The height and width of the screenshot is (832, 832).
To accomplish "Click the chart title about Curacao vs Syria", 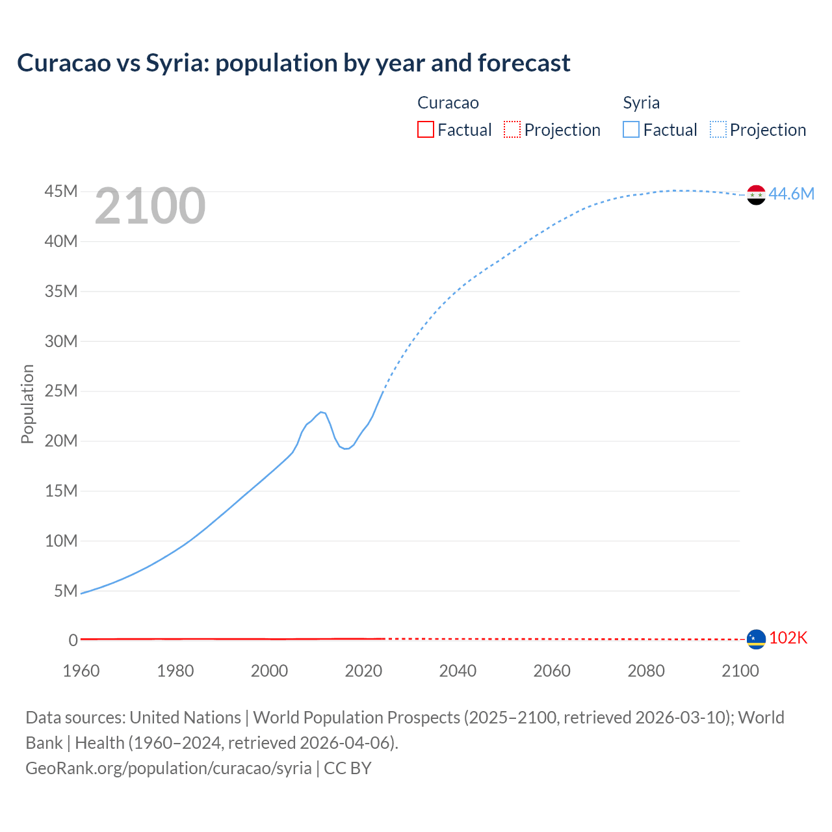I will coord(294,63).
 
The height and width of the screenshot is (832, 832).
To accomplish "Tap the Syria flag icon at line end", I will coord(756,194).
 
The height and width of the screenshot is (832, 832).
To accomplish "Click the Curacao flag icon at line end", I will coord(756,639).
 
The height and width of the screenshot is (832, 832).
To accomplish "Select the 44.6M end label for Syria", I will coord(791,194).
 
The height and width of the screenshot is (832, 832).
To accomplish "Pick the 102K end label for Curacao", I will coord(788,638).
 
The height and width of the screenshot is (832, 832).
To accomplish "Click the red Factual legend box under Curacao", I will coord(426,130).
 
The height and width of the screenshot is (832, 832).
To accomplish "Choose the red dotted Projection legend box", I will coord(512,130).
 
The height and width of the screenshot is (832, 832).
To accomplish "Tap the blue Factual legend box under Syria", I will coord(631,130).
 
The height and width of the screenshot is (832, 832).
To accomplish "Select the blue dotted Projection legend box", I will coord(718,130).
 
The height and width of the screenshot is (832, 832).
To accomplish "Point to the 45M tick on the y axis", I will coord(61,192).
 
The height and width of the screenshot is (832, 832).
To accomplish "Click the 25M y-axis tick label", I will coord(61,391).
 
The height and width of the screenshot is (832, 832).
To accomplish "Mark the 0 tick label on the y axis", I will coord(73,641).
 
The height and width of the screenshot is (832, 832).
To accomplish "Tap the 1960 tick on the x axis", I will coord(81,671).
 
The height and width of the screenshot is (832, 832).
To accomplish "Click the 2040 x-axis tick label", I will coord(458,671).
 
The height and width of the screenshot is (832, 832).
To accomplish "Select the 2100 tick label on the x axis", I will coord(740,671).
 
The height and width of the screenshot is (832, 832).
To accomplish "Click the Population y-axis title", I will coord(27,404).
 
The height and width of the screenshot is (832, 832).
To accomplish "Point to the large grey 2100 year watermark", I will coord(150,206).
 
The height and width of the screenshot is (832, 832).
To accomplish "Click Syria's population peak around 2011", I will coord(321,412).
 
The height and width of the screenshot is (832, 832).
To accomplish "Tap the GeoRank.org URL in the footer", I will coord(168,768).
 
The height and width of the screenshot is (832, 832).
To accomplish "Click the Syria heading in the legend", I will coord(641,103).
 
